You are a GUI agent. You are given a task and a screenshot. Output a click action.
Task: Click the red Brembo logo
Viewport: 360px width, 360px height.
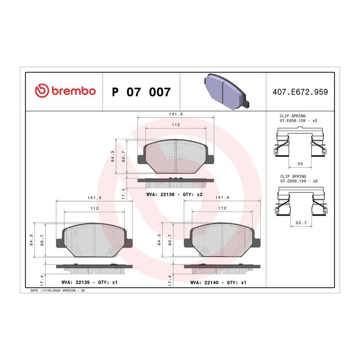65,90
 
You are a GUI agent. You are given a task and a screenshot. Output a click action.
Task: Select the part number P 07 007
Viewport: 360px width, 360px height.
141,92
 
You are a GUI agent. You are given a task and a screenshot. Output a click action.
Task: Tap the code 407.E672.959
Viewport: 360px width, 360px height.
300,92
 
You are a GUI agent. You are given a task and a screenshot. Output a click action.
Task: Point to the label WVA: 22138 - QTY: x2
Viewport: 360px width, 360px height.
174,194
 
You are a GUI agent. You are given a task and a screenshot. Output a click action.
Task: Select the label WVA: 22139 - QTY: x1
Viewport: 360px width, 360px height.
89,282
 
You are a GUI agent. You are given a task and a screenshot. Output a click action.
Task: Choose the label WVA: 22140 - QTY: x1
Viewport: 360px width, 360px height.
218,282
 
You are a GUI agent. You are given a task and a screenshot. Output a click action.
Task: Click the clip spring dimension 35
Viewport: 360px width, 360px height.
300,164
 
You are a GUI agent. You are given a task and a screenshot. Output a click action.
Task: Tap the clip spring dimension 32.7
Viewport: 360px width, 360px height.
301,223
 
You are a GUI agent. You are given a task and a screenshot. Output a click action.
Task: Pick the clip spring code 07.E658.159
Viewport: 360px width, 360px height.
292,120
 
